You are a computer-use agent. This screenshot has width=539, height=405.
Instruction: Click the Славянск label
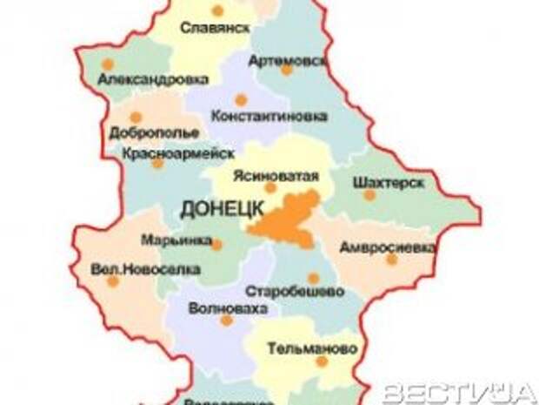215,28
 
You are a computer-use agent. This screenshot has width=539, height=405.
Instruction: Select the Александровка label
153,79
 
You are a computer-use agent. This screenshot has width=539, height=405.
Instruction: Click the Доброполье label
154,133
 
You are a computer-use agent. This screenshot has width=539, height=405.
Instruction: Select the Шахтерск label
389,183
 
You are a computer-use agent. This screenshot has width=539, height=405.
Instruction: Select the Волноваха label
227,307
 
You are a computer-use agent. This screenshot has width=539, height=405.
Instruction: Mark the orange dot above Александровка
107,64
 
